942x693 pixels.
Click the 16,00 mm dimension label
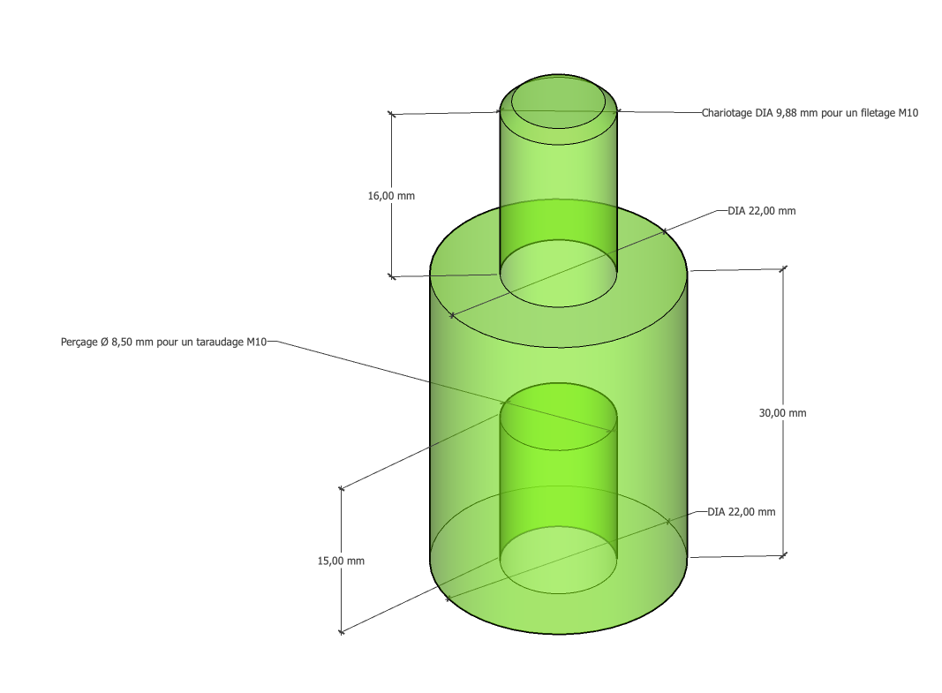coord(391,196)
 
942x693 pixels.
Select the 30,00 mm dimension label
coord(782,413)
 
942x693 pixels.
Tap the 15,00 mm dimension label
coord(341,561)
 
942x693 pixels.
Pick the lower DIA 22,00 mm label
coord(742,512)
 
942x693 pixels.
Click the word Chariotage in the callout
coord(727,113)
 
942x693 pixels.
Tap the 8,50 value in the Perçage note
coord(125,342)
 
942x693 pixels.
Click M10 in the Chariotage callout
coord(908,113)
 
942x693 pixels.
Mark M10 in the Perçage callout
coord(257,342)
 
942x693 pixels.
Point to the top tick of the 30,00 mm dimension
coord(783,268)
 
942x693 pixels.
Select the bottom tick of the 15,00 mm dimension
coord(342,632)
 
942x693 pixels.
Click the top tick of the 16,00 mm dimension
coord(392,114)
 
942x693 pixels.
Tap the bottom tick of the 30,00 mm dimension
coord(783,555)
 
